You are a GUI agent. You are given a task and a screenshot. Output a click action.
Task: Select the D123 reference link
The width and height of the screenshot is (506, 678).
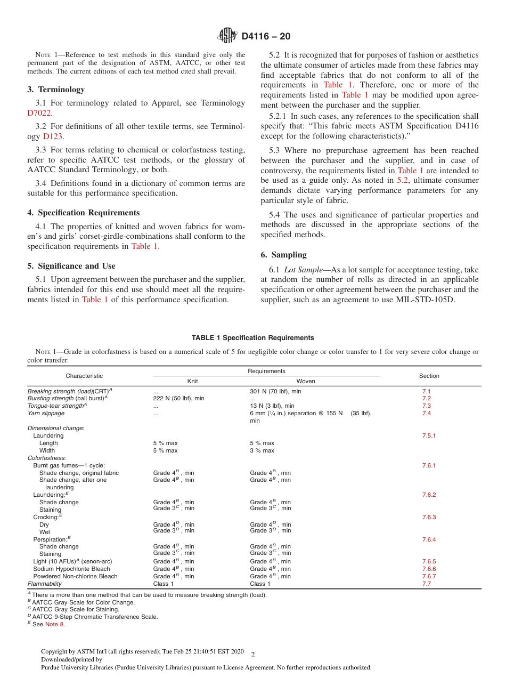(53, 136)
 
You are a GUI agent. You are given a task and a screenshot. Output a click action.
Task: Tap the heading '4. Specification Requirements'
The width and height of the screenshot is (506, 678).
(83, 212)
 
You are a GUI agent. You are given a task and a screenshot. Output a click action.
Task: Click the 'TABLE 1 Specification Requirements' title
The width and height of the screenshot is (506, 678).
(252, 338)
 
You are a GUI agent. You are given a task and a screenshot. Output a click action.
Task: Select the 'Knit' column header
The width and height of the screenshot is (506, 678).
(192, 381)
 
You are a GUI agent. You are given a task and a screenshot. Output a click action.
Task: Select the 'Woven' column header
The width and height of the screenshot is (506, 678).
(306, 381)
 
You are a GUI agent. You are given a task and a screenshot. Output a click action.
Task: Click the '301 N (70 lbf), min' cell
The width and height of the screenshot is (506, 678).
(276, 391)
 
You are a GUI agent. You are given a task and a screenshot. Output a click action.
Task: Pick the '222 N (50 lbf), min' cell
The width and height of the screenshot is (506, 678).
(178, 398)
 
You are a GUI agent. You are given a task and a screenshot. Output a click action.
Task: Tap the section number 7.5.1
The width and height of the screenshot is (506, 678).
(429, 435)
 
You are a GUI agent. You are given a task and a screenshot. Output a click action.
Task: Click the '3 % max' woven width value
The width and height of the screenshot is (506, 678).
(262, 450)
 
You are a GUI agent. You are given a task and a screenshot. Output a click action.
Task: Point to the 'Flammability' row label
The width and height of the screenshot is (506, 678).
(44, 584)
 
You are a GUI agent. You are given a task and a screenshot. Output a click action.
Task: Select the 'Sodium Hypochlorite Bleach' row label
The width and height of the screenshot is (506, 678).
(71, 569)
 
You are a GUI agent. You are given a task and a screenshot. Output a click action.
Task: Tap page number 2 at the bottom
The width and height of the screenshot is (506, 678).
(253, 655)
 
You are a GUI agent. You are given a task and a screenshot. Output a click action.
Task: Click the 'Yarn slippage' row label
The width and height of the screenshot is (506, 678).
(46, 413)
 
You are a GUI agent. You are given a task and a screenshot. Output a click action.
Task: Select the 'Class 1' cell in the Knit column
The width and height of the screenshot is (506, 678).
(164, 584)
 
